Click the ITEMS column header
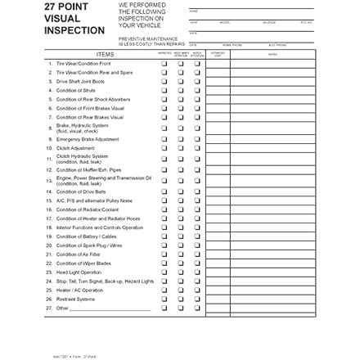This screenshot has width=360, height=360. pyautogui.click(x=105, y=55)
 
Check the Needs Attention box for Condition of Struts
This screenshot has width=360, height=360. pyautogui.click(x=196, y=90)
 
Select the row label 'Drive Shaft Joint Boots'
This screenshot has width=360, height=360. pyautogui.click(x=82, y=81)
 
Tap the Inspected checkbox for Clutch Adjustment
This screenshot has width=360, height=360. pyautogui.click(x=165, y=147)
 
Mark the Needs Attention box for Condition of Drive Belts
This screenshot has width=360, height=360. pyautogui.click(x=196, y=191)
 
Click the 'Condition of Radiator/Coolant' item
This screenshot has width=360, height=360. pyautogui.click(x=87, y=209)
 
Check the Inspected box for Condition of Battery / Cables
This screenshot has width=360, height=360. pyautogui.click(x=165, y=236)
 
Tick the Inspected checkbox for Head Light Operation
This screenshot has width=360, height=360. pyautogui.click(x=165, y=272)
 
